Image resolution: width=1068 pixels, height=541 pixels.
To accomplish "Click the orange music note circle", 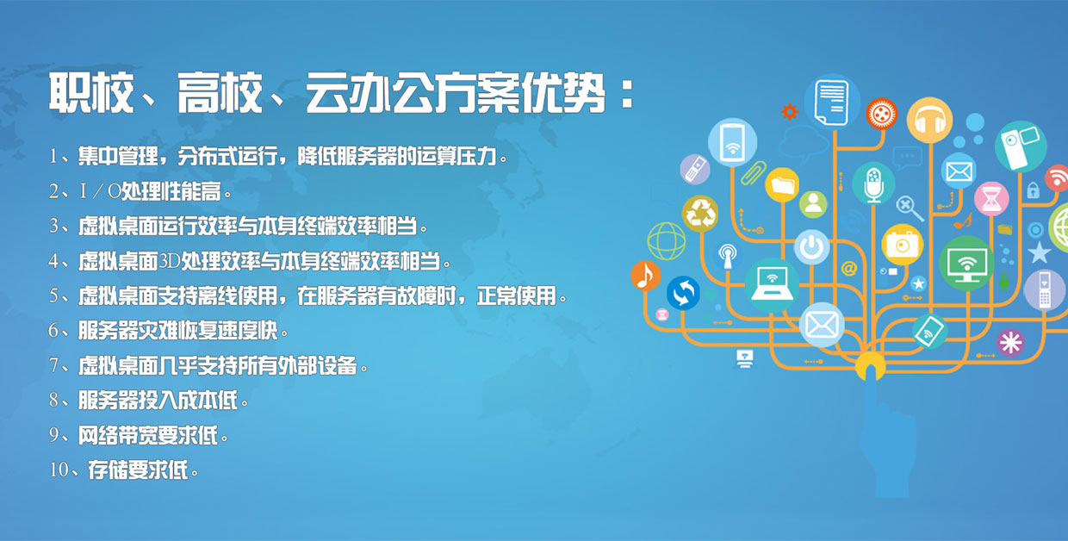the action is (646, 276).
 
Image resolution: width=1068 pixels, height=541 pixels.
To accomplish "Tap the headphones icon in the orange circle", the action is (929, 120).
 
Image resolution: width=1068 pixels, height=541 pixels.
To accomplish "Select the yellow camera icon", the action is (902, 245).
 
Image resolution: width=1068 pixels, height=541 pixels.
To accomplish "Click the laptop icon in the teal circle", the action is (772, 285).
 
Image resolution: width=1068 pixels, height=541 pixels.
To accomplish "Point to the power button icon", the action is (811, 246).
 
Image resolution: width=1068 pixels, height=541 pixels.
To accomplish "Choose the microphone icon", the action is (873, 183).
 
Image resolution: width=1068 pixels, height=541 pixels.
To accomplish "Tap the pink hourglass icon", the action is (991, 199).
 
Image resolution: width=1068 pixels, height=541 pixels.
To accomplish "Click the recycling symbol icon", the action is (700, 214).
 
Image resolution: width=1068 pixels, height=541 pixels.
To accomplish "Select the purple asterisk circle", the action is (1010, 343).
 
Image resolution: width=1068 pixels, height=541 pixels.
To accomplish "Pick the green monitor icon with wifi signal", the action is (966, 264).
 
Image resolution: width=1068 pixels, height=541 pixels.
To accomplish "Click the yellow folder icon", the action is (782, 184).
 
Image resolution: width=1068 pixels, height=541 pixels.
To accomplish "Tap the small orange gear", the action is (789, 112).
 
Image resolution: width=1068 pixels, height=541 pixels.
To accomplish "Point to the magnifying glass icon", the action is (910, 208).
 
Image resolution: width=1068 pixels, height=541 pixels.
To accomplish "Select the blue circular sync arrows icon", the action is (683, 294).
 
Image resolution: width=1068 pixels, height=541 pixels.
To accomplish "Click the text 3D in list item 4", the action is (169, 261).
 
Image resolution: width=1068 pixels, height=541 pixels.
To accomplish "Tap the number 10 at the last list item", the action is (59, 469).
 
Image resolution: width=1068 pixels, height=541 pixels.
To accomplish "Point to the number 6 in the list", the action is (53, 330).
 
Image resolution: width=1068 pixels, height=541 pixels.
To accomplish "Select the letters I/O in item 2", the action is (100, 191).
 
